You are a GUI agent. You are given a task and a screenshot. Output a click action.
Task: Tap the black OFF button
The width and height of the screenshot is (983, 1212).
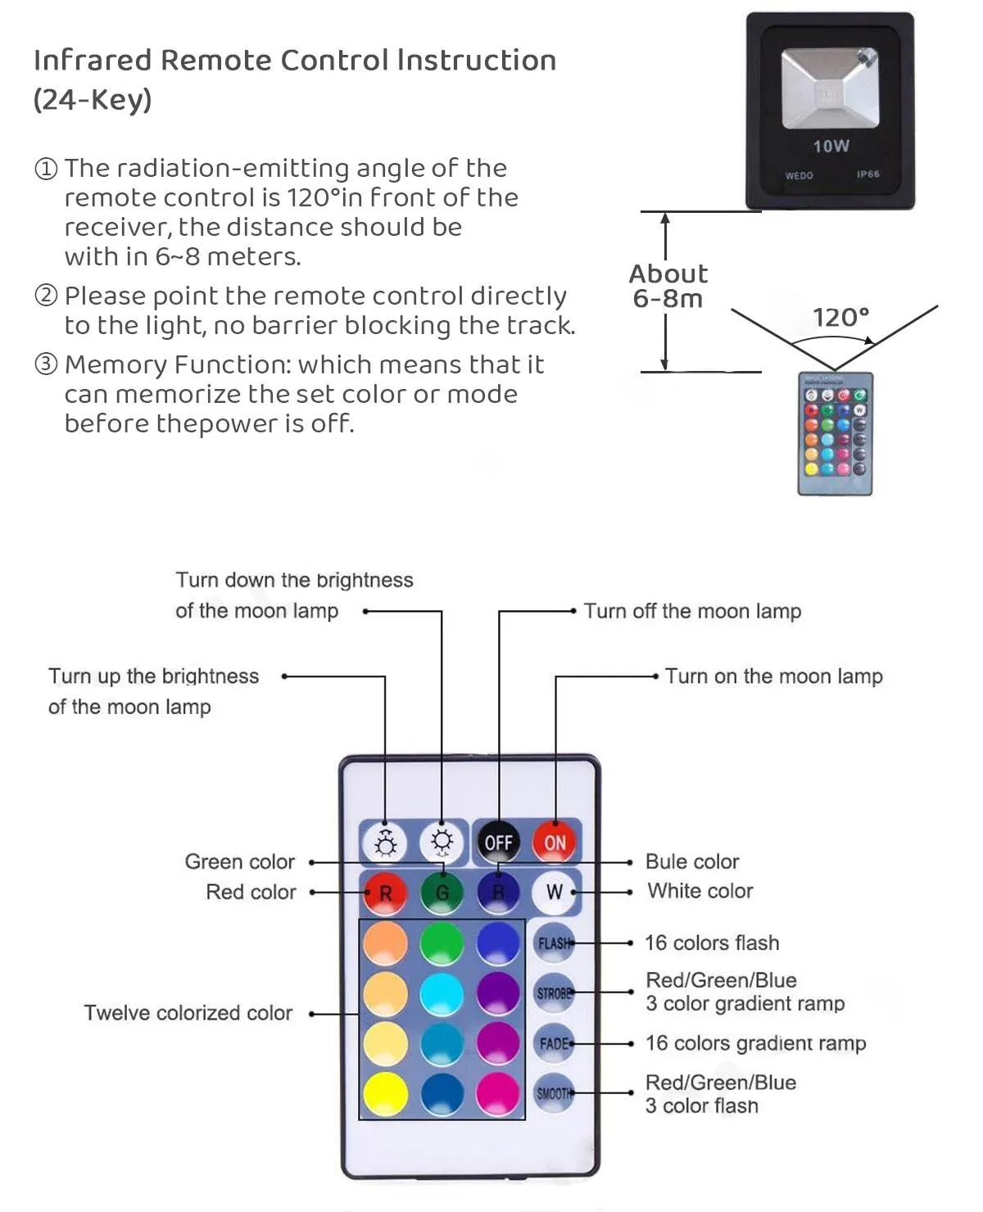pyautogui.click(x=498, y=842)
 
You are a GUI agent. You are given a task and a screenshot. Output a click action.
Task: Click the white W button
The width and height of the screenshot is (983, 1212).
pyautogui.click(x=555, y=892)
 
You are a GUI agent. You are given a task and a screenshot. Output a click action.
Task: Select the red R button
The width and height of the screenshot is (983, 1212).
pyautogui.click(x=385, y=893)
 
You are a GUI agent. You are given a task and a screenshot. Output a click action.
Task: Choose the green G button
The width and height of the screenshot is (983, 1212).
pyautogui.click(x=442, y=893)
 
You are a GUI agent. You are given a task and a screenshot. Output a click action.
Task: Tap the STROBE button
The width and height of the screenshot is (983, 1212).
pyautogui.click(x=554, y=993)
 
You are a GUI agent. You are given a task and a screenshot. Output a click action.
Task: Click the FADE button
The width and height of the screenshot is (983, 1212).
pyautogui.click(x=554, y=1044)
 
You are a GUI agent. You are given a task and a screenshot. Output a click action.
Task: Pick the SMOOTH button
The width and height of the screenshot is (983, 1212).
pyautogui.click(x=554, y=1093)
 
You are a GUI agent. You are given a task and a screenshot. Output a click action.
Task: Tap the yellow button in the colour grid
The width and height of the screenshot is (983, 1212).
pyautogui.click(x=385, y=1094)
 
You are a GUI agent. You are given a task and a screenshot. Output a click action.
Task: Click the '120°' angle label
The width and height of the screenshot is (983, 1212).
pyautogui.click(x=840, y=317)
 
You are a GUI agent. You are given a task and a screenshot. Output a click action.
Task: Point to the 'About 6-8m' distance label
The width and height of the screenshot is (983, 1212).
pyautogui.click(x=668, y=286)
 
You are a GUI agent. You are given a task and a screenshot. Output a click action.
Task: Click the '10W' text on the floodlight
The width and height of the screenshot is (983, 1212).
pyautogui.click(x=831, y=147)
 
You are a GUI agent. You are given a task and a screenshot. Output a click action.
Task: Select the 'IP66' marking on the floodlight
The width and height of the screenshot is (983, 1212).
pyautogui.click(x=867, y=174)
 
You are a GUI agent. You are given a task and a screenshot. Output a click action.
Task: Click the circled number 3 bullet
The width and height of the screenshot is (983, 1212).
pyautogui.click(x=46, y=364)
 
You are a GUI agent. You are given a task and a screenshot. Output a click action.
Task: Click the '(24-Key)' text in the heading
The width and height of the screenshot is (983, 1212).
pyautogui.click(x=93, y=100)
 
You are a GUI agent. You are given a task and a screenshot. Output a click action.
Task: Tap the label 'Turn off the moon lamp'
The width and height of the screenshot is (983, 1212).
pyautogui.click(x=692, y=611)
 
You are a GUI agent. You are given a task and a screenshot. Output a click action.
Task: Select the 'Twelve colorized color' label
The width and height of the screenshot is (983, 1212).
pyautogui.click(x=188, y=1013)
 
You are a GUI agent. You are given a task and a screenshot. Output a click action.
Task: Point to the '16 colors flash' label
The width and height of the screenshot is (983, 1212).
pyautogui.click(x=712, y=943)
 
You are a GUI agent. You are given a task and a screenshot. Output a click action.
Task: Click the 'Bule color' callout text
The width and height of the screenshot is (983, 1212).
pyautogui.click(x=692, y=862)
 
